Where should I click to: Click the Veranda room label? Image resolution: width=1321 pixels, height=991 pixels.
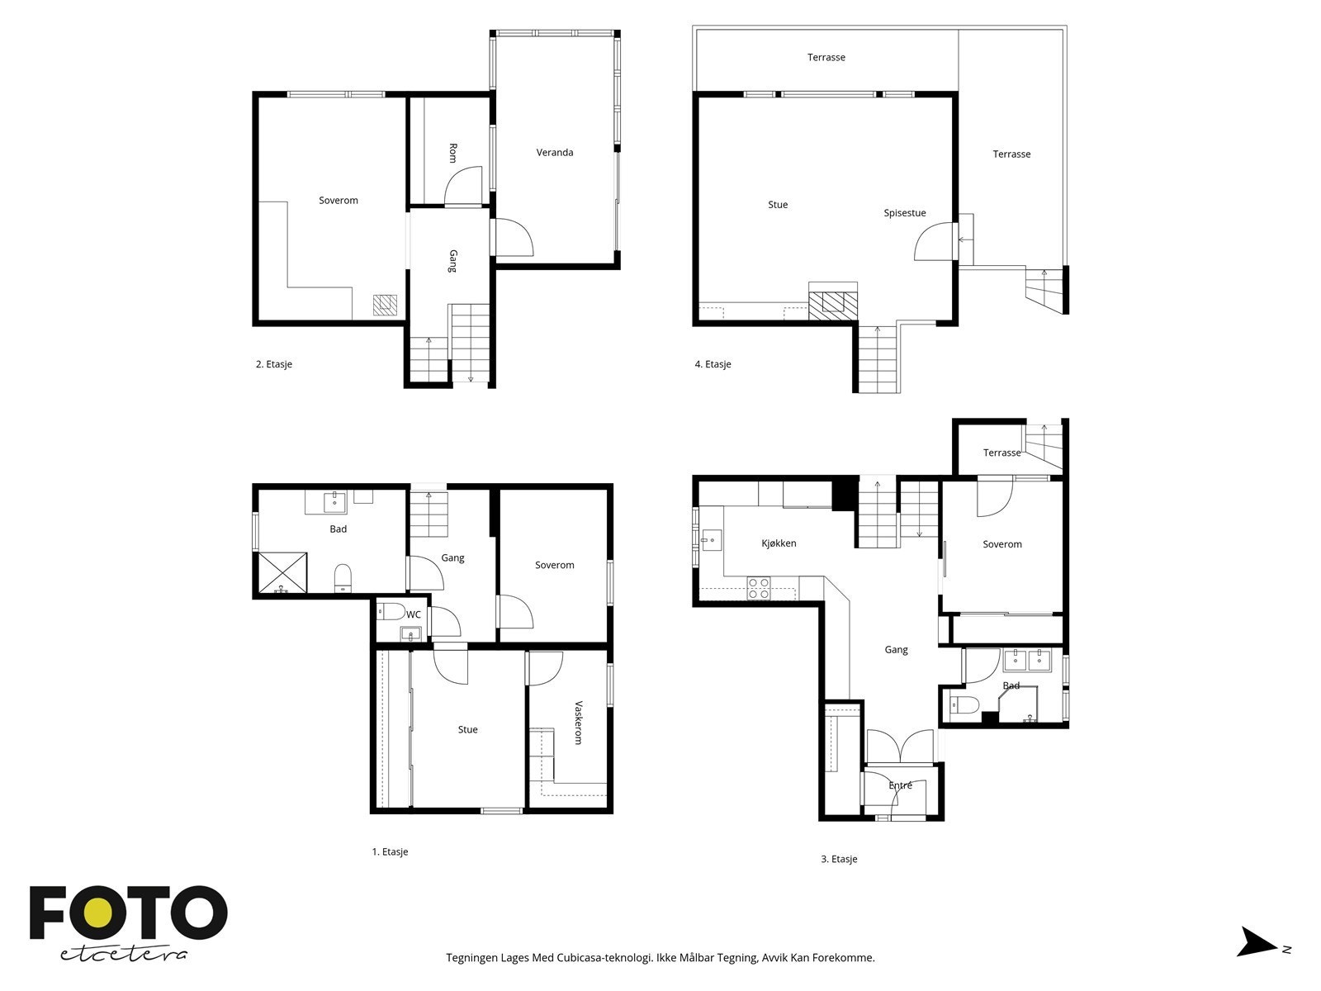point(554,152)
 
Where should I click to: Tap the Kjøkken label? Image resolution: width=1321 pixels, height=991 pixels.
point(779,543)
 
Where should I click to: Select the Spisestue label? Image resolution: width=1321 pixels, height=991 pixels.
point(905,213)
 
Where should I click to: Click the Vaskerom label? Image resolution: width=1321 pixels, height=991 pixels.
point(579,723)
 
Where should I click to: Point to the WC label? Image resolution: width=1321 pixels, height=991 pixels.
point(414,614)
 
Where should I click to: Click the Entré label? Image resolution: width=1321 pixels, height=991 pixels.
point(900,785)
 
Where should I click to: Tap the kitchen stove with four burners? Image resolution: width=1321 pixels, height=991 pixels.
point(759,588)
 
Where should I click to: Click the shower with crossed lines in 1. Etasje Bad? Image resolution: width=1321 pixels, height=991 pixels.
point(283,573)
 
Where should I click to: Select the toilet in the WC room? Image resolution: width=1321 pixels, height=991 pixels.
point(391,611)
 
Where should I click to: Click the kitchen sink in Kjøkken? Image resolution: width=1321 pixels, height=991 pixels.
point(712,540)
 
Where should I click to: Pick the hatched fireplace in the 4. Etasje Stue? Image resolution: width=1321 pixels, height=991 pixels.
point(833,305)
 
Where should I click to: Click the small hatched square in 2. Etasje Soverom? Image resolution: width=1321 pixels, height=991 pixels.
point(386,305)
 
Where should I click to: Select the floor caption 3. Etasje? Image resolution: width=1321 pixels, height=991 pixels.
point(839,859)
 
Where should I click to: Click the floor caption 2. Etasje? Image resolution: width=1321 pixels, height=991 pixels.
point(274,364)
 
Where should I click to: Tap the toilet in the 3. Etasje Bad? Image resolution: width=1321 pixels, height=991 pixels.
point(964,704)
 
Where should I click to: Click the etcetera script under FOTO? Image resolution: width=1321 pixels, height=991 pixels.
point(123,955)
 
